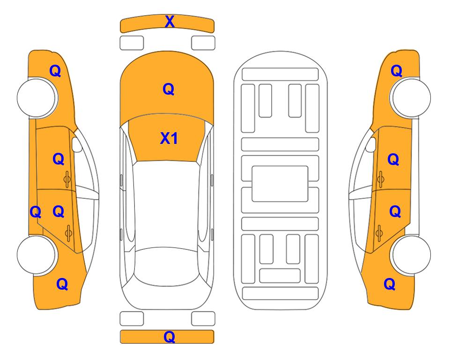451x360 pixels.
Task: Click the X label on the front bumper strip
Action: click(170, 22)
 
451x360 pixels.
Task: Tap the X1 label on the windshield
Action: click(169, 138)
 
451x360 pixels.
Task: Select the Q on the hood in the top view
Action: click(169, 89)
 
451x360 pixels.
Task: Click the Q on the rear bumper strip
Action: click(170, 337)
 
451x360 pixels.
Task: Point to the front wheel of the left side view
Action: click(37, 98)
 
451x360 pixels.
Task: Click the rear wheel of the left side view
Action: click(37, 255)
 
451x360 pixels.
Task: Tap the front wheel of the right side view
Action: click(411, 98)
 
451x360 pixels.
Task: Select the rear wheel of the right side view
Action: click(411, 255)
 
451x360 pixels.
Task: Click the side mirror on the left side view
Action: click(77, 144)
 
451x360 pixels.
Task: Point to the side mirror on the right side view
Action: click(370, 144)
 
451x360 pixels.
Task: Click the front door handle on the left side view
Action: click(67, 179)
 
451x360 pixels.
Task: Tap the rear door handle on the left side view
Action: click(69, 232)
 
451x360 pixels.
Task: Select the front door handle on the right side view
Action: click(380, 179)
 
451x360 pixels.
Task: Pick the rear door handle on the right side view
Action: click(379, 232)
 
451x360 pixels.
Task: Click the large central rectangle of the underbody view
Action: click(280, 184)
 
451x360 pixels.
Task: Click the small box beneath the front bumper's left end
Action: click(132, 43)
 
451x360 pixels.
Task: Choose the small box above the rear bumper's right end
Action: click(203, 319)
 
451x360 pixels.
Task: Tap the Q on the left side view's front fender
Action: click(55, 71)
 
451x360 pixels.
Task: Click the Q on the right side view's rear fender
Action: click(390, 284)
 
